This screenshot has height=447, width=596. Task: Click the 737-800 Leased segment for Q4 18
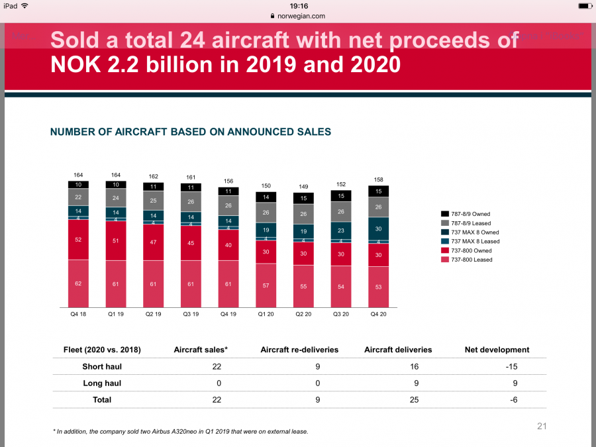click(78, 283)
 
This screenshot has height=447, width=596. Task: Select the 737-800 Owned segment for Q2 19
click(154, 243)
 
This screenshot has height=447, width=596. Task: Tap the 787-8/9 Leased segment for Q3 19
click(191, 202)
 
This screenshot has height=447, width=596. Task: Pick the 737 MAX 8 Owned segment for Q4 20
click(379, 228)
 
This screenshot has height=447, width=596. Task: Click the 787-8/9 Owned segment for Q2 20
click(303, 198)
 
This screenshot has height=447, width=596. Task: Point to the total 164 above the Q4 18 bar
click(78, 175)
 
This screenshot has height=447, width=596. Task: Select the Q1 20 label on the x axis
click(266, 314)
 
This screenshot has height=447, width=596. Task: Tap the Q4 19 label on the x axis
click(228, 314)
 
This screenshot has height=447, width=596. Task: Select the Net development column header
click(497, 350)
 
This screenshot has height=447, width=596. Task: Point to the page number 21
click(542, 426)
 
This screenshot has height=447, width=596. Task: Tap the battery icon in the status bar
click(583, 5)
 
